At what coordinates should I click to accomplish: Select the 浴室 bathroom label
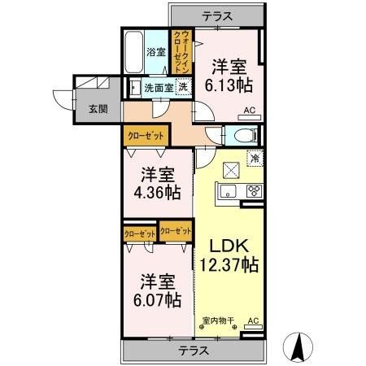coord(155,53)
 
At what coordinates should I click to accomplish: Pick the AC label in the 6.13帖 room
coord(250,115)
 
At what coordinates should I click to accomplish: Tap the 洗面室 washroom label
coord(158,87)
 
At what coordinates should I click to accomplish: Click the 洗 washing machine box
coord(184,86)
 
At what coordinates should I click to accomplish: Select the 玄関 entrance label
coord(98,110)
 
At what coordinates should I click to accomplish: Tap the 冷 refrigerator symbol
coord(254,160)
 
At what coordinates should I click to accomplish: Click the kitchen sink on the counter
coord(227,192)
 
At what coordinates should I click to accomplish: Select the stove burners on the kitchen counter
coord(254,192)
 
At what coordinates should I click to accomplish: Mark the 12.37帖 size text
coord(229,264)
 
